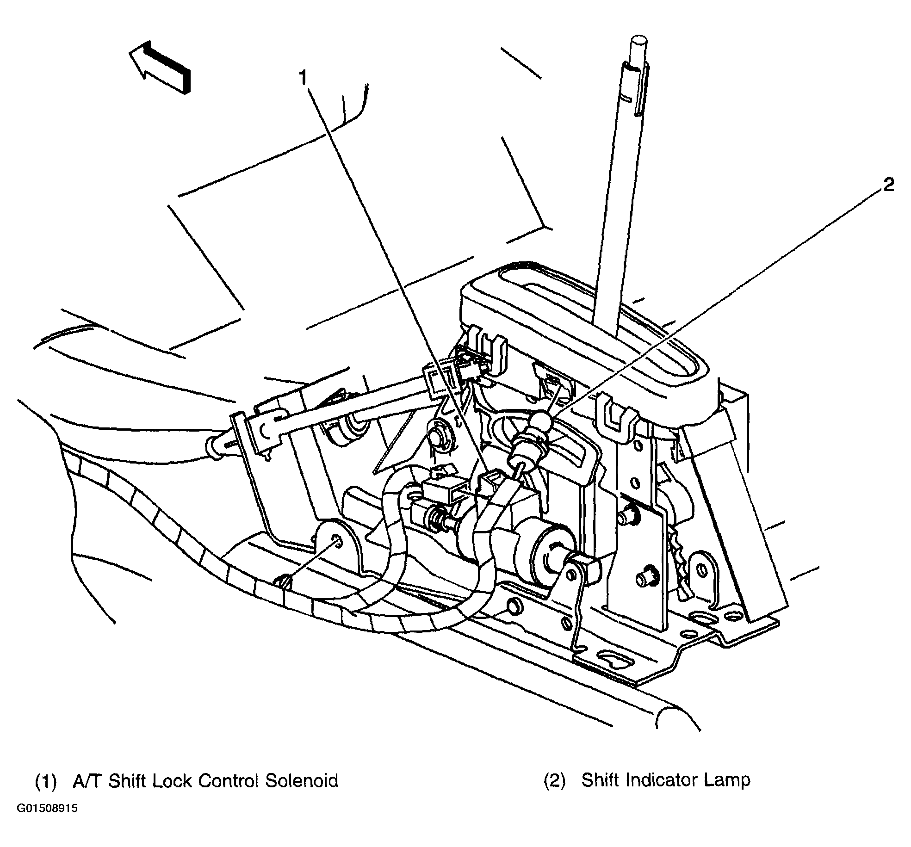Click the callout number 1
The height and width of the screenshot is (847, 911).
303,78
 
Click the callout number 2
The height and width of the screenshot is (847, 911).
888,185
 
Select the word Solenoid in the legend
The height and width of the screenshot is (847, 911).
301,780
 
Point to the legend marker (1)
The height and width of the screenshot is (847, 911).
46,781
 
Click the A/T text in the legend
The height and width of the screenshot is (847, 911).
88,780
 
